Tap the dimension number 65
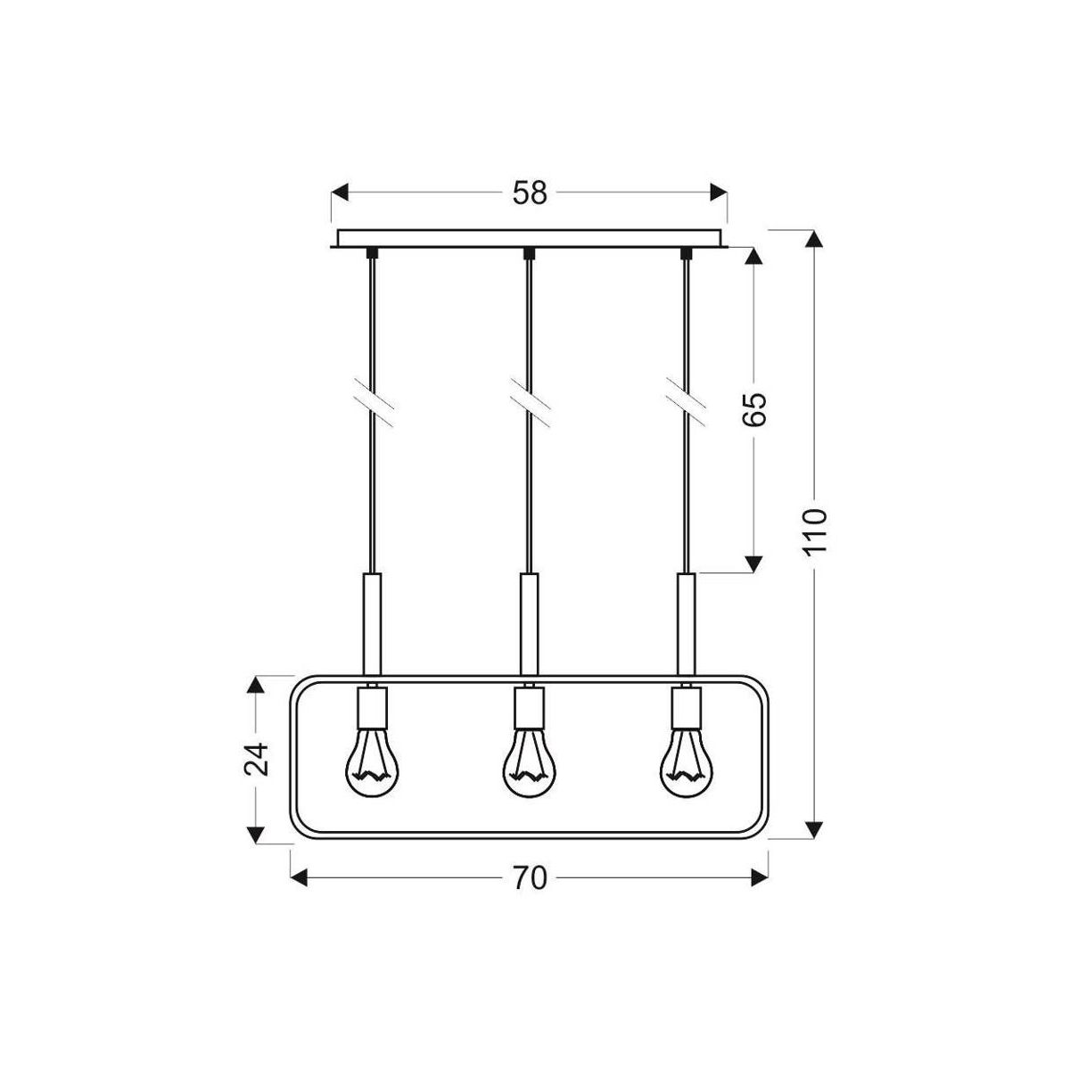coord(754,409)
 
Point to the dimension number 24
coord(256,759)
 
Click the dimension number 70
coord(529,878)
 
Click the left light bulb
coord(372,768)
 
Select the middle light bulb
coord(530,768)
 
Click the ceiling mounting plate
coord(529,239)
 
